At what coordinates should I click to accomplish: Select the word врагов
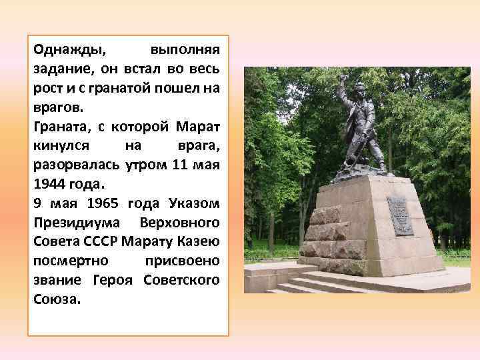(x=55, y=107)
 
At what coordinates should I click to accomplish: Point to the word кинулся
(x=59, y=145)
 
